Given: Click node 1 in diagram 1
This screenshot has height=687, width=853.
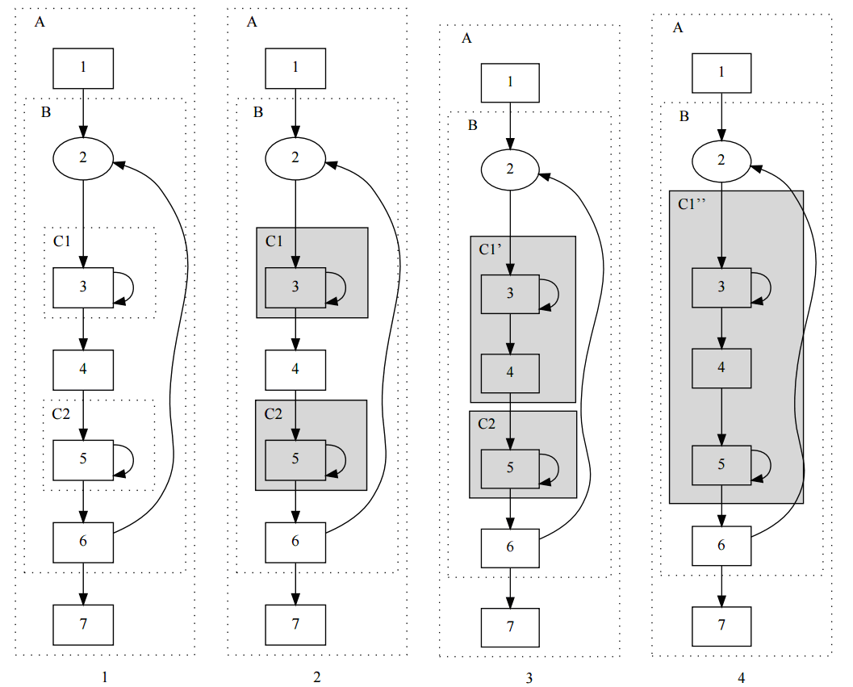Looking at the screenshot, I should coord(83,68).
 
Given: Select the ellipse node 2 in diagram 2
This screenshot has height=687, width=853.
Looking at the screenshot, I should coord(295,157).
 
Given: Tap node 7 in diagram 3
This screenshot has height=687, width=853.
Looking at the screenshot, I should coord(510,627).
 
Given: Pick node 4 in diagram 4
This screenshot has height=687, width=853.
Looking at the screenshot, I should coord(721,368).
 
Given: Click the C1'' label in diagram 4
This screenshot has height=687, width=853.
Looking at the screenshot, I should coord(692,204).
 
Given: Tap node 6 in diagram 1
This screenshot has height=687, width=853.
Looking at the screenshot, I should coord(83,542).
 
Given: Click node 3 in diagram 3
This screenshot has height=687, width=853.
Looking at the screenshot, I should coord(510,294).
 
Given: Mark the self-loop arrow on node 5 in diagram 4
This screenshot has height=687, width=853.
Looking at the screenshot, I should coord(763,465).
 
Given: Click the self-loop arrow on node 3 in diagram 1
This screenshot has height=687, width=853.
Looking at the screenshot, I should coord(124,287).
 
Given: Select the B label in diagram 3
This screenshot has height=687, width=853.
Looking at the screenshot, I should coord(473,125).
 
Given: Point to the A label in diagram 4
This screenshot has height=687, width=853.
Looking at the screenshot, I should coord(678,28).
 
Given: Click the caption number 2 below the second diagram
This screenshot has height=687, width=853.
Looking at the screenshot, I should coord(316,677).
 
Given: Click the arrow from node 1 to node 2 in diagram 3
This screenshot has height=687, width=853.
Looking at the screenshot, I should coord(510,124).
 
